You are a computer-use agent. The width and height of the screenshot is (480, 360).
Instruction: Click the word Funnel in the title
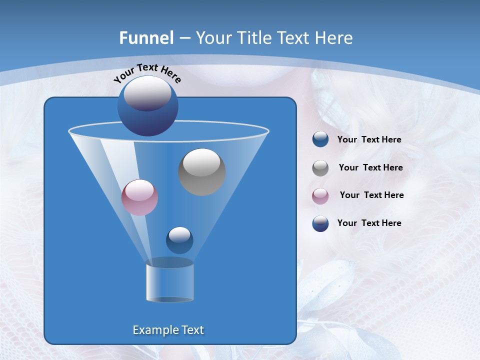146,38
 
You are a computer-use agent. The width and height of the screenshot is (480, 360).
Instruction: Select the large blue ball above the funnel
148,106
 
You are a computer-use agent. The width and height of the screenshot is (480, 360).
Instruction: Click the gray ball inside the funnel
202,172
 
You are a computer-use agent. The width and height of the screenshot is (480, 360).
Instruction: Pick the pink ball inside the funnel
139,197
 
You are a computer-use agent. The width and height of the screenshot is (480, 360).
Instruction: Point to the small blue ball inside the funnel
179,240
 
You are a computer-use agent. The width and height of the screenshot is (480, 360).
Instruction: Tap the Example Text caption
168,330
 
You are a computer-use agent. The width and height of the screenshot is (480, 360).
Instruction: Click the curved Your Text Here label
147,73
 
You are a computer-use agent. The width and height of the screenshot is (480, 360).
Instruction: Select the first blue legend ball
320,139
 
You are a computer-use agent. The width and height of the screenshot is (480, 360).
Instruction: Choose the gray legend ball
320,167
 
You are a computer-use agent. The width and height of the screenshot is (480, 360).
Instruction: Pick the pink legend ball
320,195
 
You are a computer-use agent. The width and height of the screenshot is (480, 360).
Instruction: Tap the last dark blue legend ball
320,223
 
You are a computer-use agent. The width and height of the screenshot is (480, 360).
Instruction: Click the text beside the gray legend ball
370,167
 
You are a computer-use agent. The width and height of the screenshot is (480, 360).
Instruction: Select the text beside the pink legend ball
371,195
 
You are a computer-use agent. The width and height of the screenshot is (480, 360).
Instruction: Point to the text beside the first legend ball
369,139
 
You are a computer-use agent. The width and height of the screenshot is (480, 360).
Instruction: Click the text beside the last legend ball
369,223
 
